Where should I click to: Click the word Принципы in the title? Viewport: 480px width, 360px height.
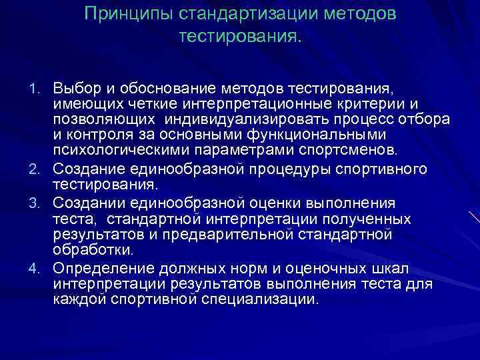(123, 15)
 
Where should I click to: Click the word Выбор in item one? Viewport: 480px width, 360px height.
(71, 89)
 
